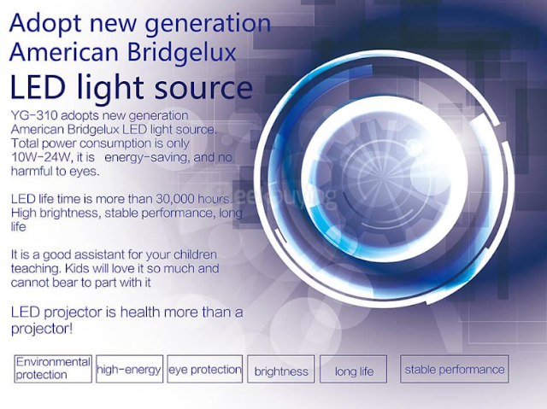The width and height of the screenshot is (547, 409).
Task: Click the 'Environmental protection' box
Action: coord(53,369)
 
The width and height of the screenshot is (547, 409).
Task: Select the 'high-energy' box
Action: coord(129,369)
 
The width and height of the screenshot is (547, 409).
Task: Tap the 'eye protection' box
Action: coord(205,369)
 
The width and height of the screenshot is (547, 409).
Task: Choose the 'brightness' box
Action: coord(281,369)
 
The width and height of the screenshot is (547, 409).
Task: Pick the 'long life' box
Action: coord(353,369)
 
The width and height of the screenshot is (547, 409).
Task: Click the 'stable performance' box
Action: coord(455,369)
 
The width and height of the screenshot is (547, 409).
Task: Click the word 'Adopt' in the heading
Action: coord(45,25)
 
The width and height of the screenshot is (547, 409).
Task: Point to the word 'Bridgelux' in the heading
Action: coord(182,53)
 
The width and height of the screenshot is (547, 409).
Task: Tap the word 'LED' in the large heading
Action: coord(38,86)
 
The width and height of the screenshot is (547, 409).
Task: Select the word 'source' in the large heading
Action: coord(203,89)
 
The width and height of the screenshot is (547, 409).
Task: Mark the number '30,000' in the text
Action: coord(175,199)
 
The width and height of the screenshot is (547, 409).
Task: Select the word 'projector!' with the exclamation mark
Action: coord(42,329)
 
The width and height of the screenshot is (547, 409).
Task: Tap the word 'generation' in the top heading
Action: coord(208,25)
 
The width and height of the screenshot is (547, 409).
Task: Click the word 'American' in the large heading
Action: coord(64,53)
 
